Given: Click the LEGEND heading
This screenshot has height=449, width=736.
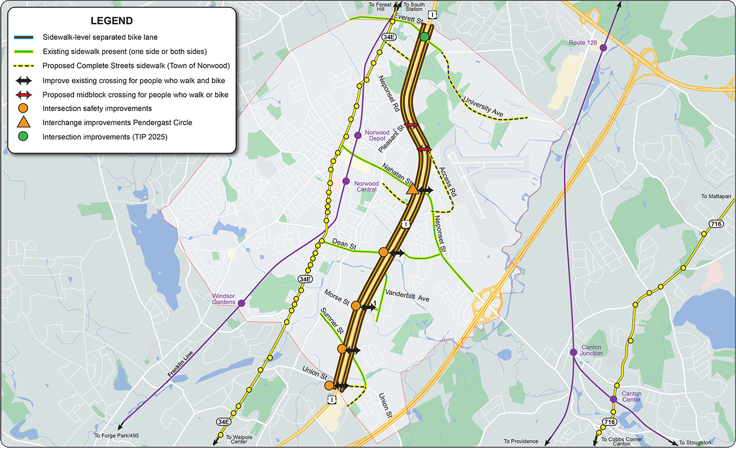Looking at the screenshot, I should point(111,21).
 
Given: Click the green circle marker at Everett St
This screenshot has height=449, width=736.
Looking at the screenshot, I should point(424,37).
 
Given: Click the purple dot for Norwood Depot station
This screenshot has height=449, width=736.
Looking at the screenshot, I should point(358,135).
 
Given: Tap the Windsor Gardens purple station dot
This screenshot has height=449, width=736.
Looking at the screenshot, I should point(242,303).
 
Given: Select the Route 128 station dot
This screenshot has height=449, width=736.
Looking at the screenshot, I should point(603,48).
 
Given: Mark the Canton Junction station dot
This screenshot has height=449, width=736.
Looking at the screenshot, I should point(573,352).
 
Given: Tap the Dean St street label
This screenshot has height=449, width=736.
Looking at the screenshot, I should point(344,245).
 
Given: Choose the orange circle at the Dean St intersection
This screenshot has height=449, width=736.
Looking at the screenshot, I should point(383,252).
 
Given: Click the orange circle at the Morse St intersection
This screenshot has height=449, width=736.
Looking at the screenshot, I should point(356,306).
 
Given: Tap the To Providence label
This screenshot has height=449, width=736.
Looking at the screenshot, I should point(521,442).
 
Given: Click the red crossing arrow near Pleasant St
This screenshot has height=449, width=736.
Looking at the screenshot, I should point(411,125).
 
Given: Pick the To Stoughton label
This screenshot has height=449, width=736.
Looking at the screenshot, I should point(696,442).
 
